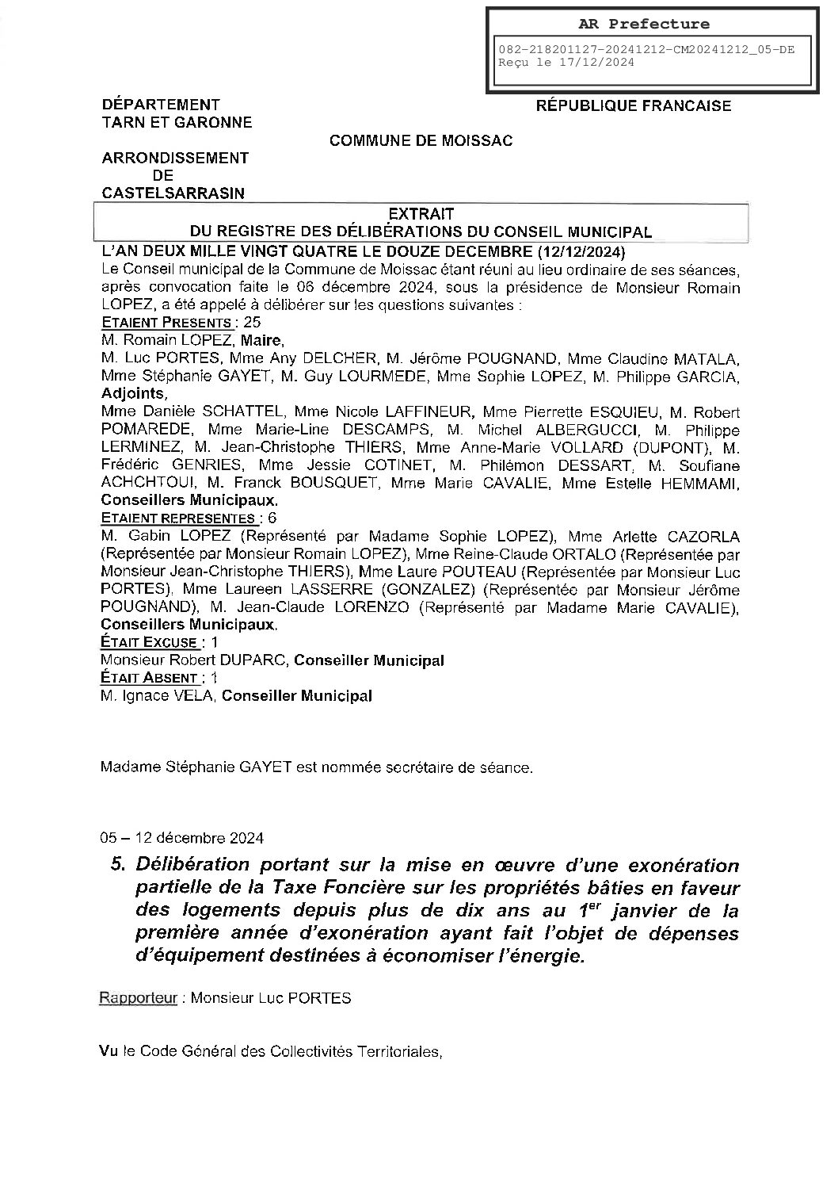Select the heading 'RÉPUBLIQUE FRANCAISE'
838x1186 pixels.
pyautogui.click(x=634, y=105)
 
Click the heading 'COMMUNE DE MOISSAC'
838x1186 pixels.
pyautogui.click(x=421, y=141)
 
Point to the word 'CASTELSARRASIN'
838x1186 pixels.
pyautogui.click(x=173, y=193)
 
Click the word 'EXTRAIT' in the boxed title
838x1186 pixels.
pyautogui.click(x=421, y=213)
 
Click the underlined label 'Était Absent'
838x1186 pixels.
pyautogui.click(x=148, y=678)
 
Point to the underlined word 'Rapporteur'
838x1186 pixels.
pyautogui.click(x=137, y=997)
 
